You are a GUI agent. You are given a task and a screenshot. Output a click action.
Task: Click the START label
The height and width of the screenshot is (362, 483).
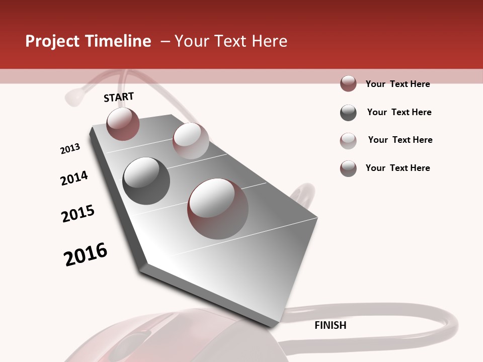tap(119, 97)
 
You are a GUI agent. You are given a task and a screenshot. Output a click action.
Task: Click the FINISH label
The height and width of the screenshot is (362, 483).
tap(331, 325)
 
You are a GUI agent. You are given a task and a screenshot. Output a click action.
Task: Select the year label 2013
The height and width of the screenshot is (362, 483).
tap(70, 149)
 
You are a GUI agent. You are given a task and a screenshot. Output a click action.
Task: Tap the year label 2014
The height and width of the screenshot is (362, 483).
tap(74, 178)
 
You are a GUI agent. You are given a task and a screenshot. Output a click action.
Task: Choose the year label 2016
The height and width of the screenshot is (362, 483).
tap(86, 254)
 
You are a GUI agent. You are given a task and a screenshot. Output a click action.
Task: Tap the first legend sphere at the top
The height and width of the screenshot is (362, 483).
tap(348, 83)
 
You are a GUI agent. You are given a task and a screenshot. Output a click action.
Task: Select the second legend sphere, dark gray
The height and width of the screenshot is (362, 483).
tap(348, 113)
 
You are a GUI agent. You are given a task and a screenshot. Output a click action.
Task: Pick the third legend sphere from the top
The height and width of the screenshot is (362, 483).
tap(348, 141)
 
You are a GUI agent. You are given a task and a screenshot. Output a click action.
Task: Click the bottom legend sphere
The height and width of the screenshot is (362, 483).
tap(348, 168)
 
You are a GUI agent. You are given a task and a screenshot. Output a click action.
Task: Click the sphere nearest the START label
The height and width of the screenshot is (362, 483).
tap(123, 124)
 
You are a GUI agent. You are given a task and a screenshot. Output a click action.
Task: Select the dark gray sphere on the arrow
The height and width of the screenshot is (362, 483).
tap(146, 181)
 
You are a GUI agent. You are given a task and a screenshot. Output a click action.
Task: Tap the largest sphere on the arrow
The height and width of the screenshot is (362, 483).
tap(218, 208)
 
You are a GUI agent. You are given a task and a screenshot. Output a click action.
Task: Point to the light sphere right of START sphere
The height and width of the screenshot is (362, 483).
tap(191, 140)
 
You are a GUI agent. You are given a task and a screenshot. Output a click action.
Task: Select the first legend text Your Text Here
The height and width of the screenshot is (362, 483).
tap(397, 84)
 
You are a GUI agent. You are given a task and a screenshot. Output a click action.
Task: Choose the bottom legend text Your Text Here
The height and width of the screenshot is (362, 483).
tap(397, 168)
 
